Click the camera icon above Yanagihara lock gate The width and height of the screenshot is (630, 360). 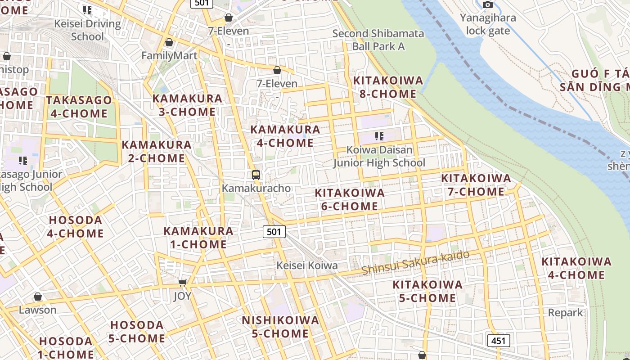point(487,5)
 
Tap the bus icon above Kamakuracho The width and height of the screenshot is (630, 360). point(256,175)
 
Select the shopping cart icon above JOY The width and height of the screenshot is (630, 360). point(182,283)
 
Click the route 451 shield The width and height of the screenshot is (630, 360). point(499,341)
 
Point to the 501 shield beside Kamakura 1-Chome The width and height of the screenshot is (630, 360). point(274,232)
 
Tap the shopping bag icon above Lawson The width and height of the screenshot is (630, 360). point(38,297)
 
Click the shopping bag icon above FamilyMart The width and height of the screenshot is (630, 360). point(169,43)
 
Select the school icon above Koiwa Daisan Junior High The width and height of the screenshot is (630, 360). point(379,136)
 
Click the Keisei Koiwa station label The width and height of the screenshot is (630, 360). point(307,265)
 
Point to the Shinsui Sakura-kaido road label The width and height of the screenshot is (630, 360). point(415,262)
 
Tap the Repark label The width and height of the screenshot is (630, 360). point(565,312)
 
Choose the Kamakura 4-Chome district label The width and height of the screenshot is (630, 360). point(285,136)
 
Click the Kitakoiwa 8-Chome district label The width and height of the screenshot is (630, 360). point(388,87)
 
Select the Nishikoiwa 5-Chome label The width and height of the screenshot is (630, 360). point(280,327)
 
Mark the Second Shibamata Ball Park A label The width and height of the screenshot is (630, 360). point(378,40)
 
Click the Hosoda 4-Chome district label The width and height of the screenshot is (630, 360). point(76,227)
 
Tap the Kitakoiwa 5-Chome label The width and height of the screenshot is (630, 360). point(427,291)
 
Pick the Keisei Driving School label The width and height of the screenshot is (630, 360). point(87,30)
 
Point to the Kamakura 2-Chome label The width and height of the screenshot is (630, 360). point(157,152)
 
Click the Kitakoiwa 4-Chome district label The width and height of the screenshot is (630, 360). point(576,268)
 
